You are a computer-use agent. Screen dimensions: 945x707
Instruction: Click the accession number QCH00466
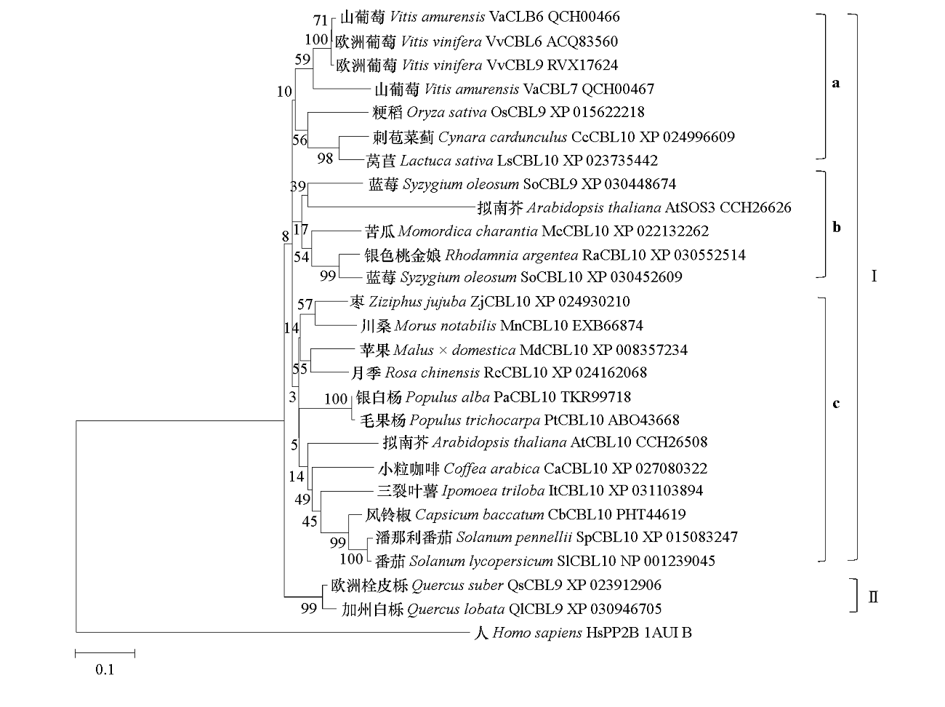click(x=584, y=17)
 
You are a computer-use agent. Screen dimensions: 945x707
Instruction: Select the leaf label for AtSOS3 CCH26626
click(x=634, y=208)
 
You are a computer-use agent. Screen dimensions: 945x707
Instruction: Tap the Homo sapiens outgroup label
click(x=582, y=633)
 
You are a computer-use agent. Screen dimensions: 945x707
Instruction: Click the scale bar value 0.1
click(x=105, y=669)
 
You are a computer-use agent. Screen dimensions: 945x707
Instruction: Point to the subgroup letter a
click(x=836, y=83)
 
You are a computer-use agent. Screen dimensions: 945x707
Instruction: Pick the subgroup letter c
click(x=836, y=404)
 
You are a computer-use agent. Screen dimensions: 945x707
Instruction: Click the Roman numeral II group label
click(x=873, y=596)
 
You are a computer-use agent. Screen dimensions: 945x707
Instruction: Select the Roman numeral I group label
click(x=874, y=276)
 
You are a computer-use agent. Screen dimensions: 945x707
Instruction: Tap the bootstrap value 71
click(x=321, y=20)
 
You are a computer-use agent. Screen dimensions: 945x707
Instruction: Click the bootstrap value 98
click(x=325, y=159)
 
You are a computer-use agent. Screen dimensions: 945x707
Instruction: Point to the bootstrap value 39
click(x=298, y=186)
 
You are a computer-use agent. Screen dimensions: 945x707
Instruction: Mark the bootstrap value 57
click(x=305, y=305)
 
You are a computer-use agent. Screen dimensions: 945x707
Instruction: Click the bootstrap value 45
click(x=310, y=522)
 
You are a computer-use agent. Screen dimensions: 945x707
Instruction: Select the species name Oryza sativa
click(x=446, y=113)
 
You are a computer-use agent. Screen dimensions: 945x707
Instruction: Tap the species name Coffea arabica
click(x=491, y=468)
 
